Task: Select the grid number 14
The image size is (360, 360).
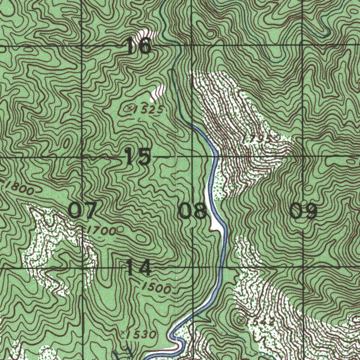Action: pos(139,268)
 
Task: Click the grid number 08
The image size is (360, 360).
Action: pos(193,211)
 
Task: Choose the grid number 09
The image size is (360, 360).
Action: pos(304,211)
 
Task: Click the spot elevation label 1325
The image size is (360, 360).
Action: pos(148,110)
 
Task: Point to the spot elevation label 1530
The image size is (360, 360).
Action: pos(140,334)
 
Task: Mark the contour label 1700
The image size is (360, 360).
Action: pos(102,231)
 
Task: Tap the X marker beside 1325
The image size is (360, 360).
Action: pos(130,108)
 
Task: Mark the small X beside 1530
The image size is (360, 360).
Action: pos(123,332)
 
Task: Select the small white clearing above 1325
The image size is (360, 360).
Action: pos(158,92)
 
